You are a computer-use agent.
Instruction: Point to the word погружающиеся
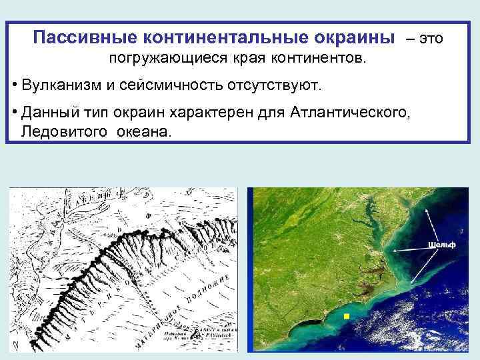[x=168, y=60]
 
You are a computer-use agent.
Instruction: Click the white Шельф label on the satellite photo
[x=441, y=245]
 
